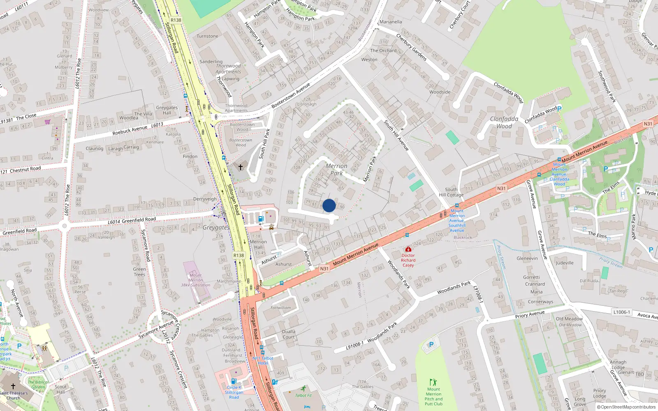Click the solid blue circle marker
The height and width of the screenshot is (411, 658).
(329, 205)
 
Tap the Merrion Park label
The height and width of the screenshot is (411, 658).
(336, 169)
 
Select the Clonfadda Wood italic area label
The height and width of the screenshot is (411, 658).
(504, 122)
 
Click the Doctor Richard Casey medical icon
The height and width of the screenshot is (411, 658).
(408, 249)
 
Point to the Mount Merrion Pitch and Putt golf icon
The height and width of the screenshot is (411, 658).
(433, 382)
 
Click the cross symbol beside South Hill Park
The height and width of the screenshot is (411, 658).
(241, 167)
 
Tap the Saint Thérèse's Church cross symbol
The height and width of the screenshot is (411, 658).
(13, 386)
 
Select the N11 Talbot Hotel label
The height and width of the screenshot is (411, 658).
(263, 360)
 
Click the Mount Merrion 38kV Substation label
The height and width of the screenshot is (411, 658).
(196, 280)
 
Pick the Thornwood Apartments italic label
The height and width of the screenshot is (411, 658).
(228, 69)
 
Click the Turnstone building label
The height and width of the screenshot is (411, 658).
(207, 36)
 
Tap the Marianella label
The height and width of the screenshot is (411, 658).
(391, 22)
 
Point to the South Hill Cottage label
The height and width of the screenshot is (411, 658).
(451, 192)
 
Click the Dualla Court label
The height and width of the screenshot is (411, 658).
(289, 334)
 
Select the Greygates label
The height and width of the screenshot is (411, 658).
(216, 227)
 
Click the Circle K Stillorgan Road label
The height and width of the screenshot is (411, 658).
(234, 392)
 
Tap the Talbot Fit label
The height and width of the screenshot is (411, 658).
(304, 395)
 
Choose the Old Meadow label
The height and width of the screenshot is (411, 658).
(569, 319)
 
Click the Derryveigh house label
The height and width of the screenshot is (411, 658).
(205, 199)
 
